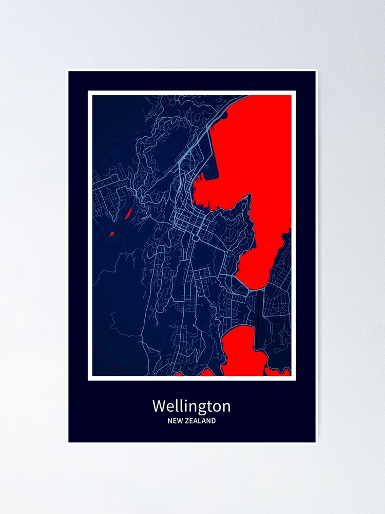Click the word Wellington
[x=191, y=407]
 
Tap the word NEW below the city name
[x=175, y=421]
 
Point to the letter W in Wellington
[x=158, y=406]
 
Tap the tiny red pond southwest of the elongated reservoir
[x=111, y=234]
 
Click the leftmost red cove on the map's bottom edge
[x=179, y=374]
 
